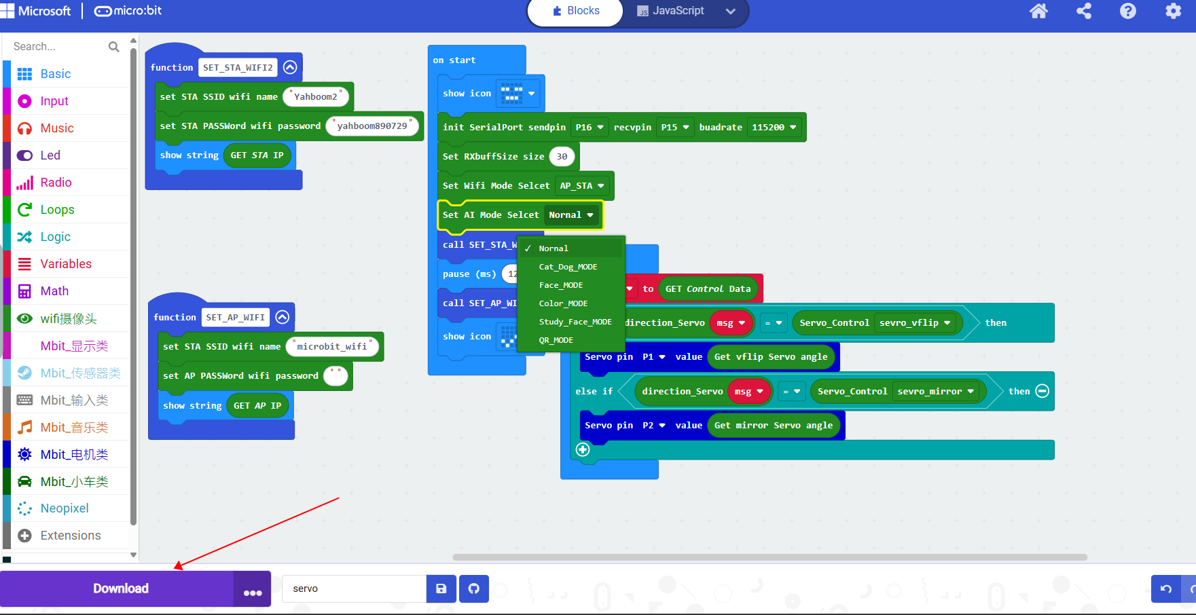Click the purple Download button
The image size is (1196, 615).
pyautogui.click(x=120, y=589)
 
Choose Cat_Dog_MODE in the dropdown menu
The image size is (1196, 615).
pyautogui.click(x=568, y=267)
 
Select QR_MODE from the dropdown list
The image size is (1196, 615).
pyautogui.click(x=556, y=340)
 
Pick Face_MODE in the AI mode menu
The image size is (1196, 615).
pyautogui.click(x=561, y=285)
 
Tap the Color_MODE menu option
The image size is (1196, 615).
pyautogui.click(x=563, y=303)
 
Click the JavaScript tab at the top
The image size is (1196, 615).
pyautogui.click(x=671, y=11)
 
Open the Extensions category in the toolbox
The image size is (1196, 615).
pyautogui.click(x=70, y=536)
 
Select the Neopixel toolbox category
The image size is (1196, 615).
pyautogui.click(x=65, y=508)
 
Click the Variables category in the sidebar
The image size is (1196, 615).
pyautogui.click(x=66, y=264)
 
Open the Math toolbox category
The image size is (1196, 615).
pyautogui.click(x=54, y=291)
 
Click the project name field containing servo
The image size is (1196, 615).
pyautogui.click(x=354, y=589)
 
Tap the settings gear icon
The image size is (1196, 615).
pyautogui.click(x=1173, y=11)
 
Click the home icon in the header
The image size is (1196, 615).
pyautogui.click(x=1038, y=11)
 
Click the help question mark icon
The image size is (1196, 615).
pyautogui.click(x=1127, y=11)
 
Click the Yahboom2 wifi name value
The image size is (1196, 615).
pyautogui.click(x=316, y=97)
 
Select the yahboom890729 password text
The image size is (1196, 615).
pyautogui.click(x=372, y=126)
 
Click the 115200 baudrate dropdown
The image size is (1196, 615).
pyautogui.click(x=774, y=127)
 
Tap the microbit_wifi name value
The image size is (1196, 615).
pyautogui.click(x=332, y=347)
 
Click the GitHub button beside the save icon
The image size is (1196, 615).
pyautogui.click(x=474, y=589)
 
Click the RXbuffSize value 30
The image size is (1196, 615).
pyautogui.click(x=562, y=157)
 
